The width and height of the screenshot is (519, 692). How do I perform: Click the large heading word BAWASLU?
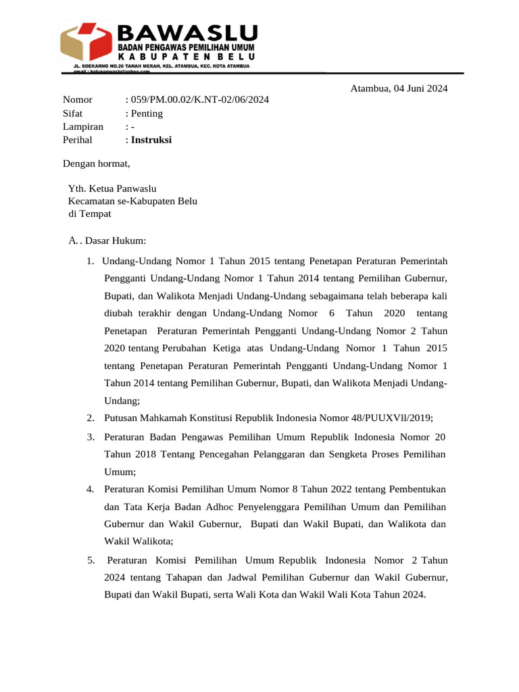[x=187, y=32]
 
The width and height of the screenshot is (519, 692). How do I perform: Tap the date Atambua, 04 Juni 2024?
[x=399, y=88]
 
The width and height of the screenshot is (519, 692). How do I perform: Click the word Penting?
[x=147, y=114]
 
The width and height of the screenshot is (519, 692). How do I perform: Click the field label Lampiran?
[x=83, y=126]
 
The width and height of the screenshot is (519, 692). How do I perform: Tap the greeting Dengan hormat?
[x=96, y=164]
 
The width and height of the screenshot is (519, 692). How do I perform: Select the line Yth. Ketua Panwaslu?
[x=112, y=189]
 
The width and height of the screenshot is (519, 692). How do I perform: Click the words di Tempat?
[x=90, y=214]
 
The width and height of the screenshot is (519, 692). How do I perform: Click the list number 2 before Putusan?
[x=90, y=418]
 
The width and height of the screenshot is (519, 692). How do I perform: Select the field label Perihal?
[x=78, y=140]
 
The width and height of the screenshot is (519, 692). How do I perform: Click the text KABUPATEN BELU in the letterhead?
[x=187, y=58]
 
